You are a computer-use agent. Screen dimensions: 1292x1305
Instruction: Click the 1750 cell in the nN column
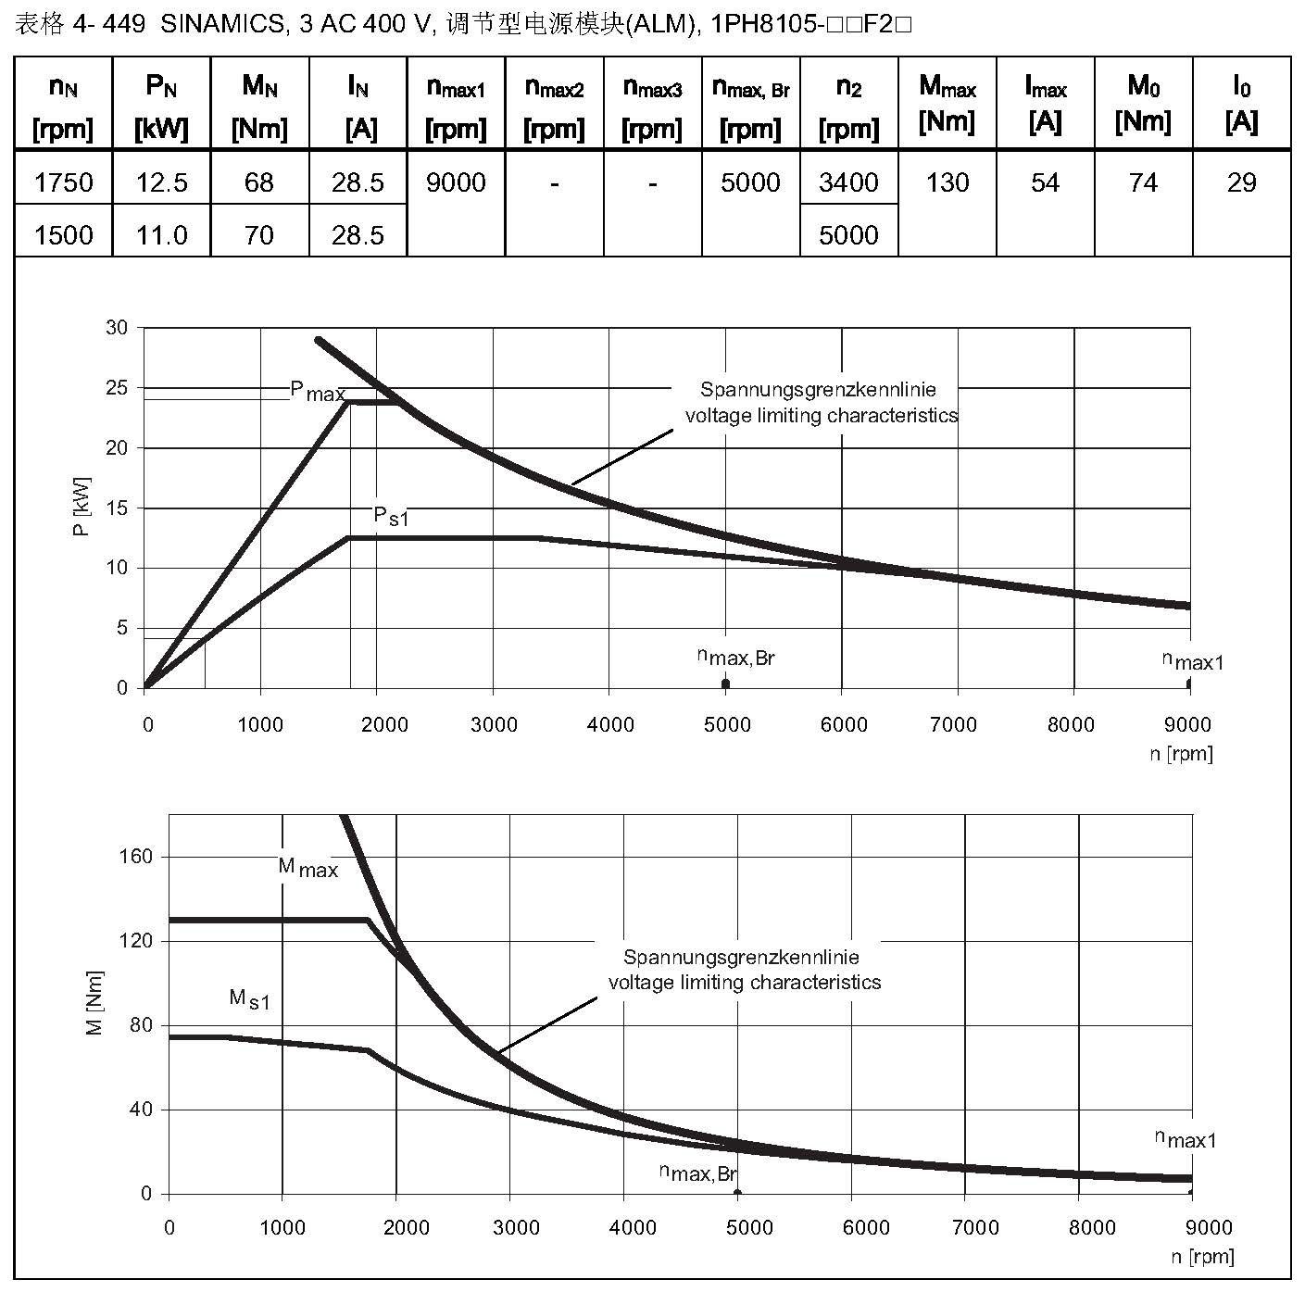(63, 182)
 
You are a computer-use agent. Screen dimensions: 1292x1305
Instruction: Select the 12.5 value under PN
(161, 182)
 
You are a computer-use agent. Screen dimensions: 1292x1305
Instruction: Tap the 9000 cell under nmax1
(456, 182)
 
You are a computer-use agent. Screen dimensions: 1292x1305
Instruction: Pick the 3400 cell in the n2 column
(848, 182)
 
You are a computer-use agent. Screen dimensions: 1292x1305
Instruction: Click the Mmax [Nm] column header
(947, 103)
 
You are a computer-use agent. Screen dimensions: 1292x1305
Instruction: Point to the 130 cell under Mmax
(947, 182)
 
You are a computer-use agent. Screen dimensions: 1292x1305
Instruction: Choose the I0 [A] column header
(1241, 103)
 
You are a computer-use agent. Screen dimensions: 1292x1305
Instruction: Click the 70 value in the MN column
(259, 235)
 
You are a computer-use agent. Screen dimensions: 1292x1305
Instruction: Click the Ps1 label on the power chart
(390, 516)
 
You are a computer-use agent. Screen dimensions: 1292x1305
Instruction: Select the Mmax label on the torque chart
(308, 868)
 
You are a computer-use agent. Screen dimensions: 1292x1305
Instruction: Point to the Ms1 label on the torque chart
(249, 999)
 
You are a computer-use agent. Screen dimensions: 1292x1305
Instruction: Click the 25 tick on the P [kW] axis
(117, 388)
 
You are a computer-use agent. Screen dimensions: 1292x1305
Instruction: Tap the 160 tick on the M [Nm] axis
(136, 857)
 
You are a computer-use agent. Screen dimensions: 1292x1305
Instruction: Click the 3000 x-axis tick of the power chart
(494, 724)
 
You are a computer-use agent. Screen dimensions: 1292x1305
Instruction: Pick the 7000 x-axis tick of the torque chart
(975, 1228)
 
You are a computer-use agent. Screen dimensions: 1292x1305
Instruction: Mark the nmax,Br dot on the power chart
(725, 684)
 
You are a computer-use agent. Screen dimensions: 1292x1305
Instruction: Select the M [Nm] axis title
(94, 1003)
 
